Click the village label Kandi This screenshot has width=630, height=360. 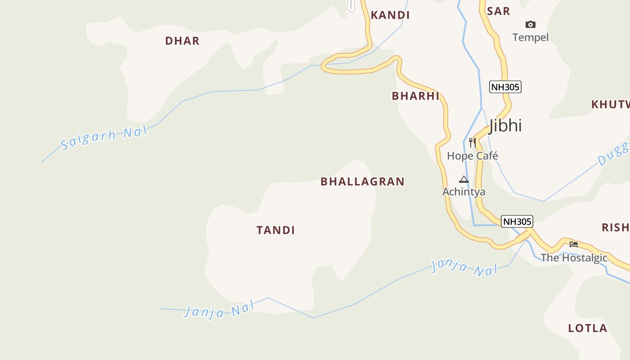[x=390, y=15]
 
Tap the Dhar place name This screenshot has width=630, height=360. [x=182, y=41]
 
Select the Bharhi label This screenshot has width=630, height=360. [x=415, y=96]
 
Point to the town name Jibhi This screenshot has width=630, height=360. [x=505, y=126]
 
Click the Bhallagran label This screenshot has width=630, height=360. [x=362, y=182]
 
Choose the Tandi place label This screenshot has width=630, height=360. [x=275, y=230]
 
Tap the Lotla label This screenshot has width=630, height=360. [x=587, y=328]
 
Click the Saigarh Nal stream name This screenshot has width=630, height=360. [x=104, y=139]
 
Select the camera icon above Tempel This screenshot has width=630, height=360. [x=531, y=24]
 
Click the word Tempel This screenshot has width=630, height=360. [x=531, y=37]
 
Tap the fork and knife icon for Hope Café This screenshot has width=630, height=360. [x=472, y=143]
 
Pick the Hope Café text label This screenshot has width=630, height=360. [x=472, y=156]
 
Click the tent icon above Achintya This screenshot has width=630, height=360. [x=464, y=179]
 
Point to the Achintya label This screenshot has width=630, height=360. [x=463, y=192]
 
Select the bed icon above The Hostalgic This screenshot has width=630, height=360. [x=573, y=244]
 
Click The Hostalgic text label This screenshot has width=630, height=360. [x=574, y=258]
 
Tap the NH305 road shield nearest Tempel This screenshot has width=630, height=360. [x=505, y=87]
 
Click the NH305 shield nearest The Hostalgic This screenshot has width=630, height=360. [x=517, y=221]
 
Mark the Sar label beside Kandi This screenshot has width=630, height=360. [x=499, y=11]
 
